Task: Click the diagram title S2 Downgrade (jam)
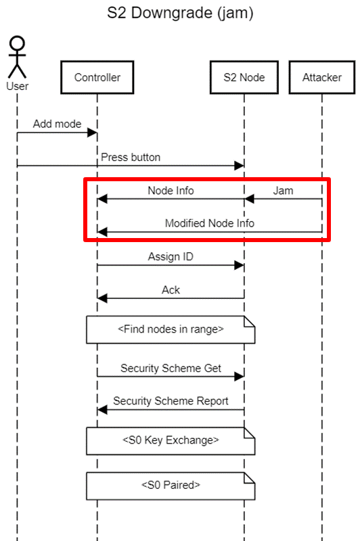(180, 13)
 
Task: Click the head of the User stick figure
(17, 43)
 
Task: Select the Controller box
(97, 77)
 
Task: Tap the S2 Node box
(244, 77)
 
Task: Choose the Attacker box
(322, 77)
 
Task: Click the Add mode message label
(57, 124)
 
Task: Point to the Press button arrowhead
(239, 166)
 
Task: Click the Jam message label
(283, 191)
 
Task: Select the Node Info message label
(171, 191)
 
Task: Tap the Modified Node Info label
(210, 223)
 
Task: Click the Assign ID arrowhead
(239, 265)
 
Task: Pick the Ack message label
(171, 290)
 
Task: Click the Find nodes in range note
(171, 329)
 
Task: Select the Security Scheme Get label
(171, 368)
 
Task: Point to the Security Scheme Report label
(171, 401)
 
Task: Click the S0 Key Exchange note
(171, 441)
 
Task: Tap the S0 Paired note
(171, 486)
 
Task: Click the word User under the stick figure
(18, 87)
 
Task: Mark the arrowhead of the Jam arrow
(249, 199)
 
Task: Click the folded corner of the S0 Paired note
(250, 478)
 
